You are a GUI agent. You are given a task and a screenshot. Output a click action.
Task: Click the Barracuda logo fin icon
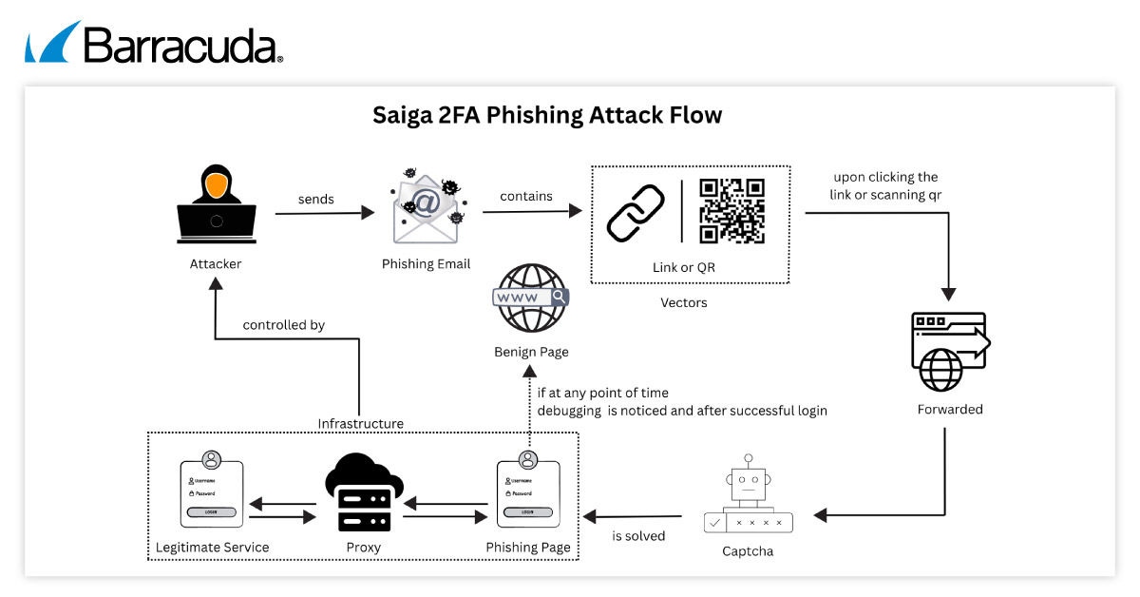click(x=52, y=42)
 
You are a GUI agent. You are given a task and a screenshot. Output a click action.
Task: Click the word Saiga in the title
click(x=404, y=116)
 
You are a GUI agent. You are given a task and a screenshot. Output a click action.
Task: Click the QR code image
click(x=731, y=211)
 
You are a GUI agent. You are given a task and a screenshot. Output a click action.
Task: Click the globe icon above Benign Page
click(x=529, y=298)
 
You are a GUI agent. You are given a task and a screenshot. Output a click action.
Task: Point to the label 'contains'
click(x=526, y=196)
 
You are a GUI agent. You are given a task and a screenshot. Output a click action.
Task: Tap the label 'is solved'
click(x=638, y=536)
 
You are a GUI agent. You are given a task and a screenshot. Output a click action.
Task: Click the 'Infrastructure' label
click(x=360, y=423)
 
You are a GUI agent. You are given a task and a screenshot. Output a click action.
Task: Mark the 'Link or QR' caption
click(x=684, y=267)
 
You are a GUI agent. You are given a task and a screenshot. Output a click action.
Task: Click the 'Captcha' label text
click(x=748, y=551)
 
